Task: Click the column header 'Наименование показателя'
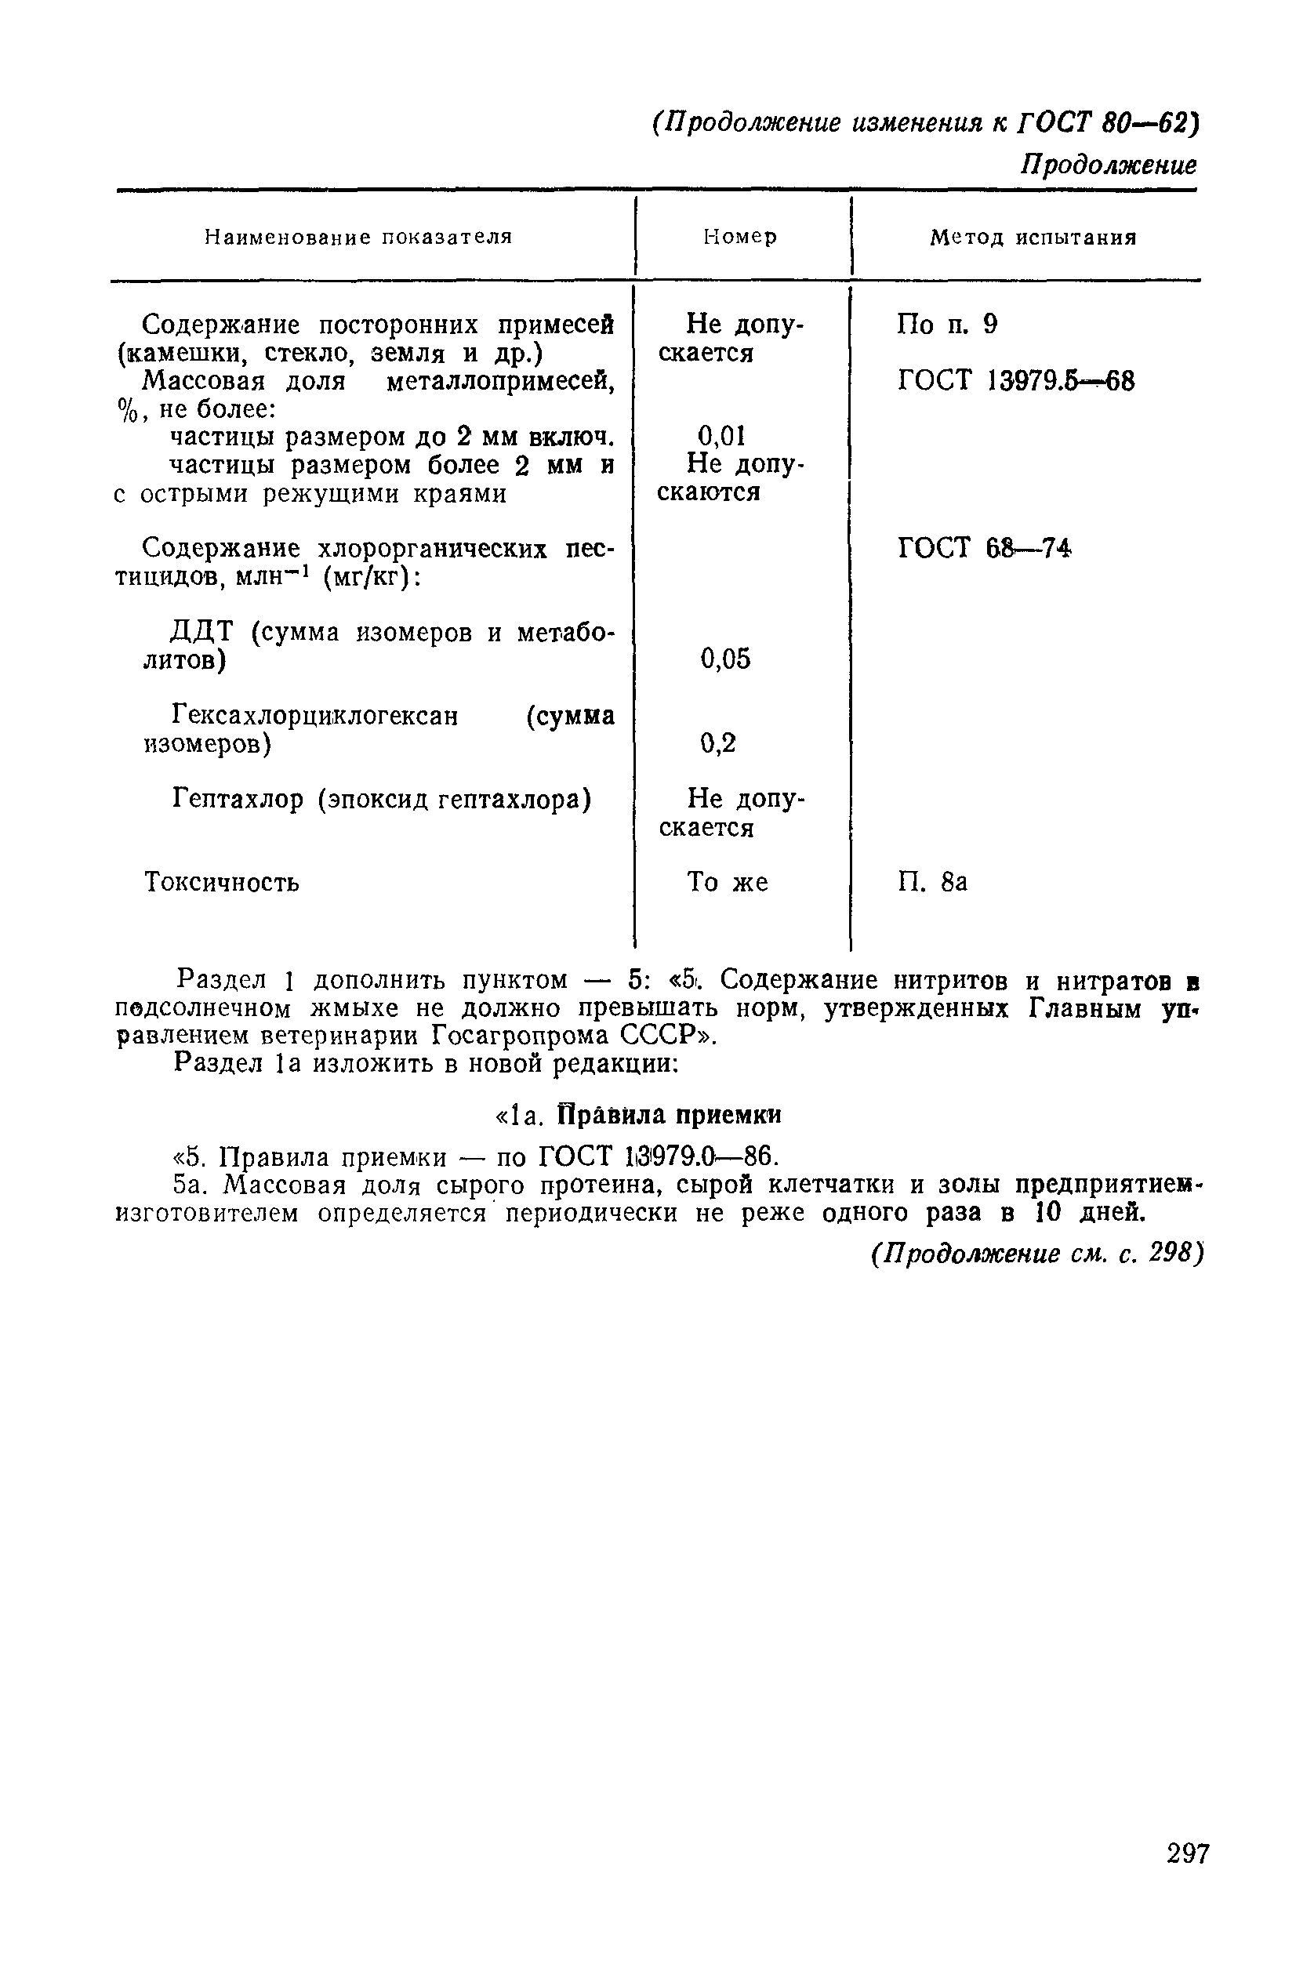click(358, 238)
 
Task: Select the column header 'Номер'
click(740, 238)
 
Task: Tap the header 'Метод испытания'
click(1033, 238)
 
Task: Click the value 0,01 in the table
click(721, 436)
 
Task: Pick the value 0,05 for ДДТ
click(726, 659)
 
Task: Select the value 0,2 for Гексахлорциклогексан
click(718, 742)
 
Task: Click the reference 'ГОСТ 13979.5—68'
click(1015, 381)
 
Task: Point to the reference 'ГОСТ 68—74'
click(985, 548)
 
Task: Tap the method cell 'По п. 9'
click(947, 325)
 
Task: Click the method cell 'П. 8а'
click(932, 883)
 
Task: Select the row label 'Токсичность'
click(221, 883)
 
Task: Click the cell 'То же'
click(728, 883)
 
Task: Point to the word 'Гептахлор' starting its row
click(238, 800)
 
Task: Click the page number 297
click(1188, 1853)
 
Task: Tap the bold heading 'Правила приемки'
click(670, 1116)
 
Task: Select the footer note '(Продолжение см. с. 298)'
click(1036, 1254)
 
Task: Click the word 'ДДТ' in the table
click(205, 632)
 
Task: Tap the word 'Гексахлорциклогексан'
click(315, 716)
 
